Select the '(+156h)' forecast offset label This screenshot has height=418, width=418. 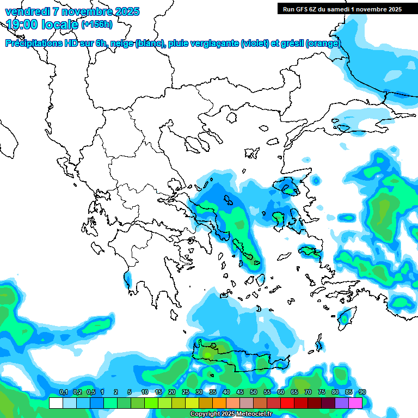(96, 24)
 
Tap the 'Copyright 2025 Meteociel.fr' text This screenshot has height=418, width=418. (231, 414)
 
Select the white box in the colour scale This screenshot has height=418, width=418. (56, 403)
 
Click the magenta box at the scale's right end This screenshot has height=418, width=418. (355, 403)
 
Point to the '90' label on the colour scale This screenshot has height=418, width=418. (362, 392)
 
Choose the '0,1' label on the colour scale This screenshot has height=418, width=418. (63, 392)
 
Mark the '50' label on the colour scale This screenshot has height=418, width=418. (254, 392)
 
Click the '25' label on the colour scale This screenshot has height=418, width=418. (186, 392)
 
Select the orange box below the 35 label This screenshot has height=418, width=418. (219, 403)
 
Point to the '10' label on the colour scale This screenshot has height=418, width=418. (145, 392)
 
